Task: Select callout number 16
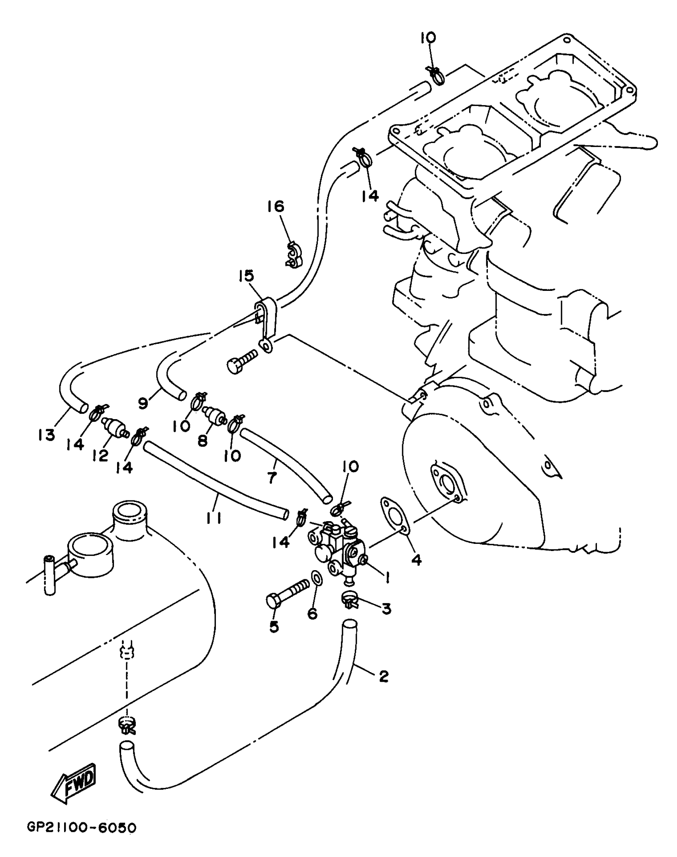point(276,206)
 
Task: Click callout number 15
point(247,276)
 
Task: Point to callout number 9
point(143,403)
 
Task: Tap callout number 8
point(203,441)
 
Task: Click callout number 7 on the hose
point(272,477)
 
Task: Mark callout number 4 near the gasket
point(416,560)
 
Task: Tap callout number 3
point(386,608)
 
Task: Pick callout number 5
point(274,627)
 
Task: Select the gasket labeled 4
point(394,514)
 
